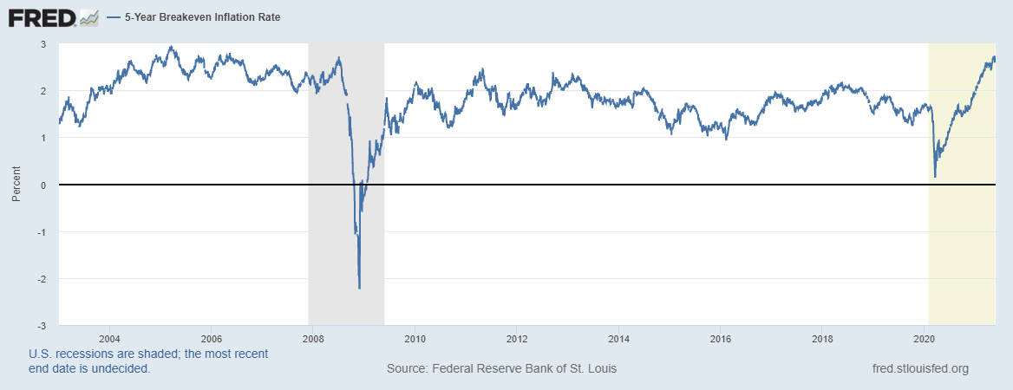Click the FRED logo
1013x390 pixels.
pos(42,17)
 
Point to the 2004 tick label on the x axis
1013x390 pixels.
pos(109,338)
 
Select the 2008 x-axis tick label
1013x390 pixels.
pos(313,338)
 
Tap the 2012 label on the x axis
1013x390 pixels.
pos(517,338)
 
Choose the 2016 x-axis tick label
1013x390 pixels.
pos(721,338)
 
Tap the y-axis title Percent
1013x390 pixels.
pos(16,185)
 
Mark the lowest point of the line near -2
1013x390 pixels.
pos(359,288)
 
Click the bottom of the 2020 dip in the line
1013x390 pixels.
pos(935,177)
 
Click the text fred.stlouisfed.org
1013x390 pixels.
pos(919,369)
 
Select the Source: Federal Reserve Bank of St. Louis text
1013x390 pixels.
pos(501,369)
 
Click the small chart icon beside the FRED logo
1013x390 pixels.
pos(88,17)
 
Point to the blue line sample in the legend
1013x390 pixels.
pos(114,17)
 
